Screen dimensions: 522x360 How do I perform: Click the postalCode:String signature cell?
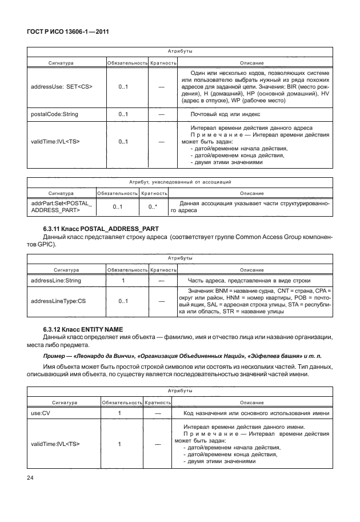54,114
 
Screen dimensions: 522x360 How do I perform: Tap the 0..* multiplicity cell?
153,207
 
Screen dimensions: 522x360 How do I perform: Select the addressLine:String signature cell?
55,281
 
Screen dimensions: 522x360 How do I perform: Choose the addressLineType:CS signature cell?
58,301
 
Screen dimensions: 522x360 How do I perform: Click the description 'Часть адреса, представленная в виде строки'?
249,281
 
